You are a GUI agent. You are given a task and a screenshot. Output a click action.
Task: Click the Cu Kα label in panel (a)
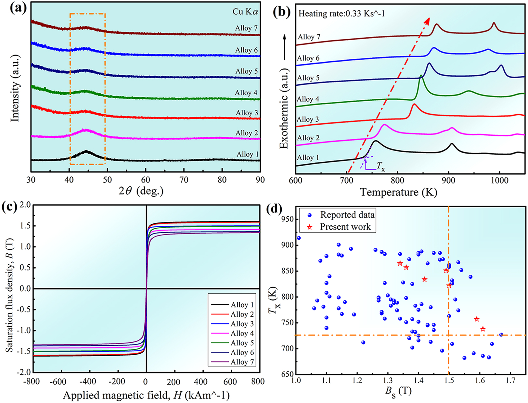(x=246, y=12)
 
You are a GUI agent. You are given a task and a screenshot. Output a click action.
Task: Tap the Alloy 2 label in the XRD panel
(x=247, y=133)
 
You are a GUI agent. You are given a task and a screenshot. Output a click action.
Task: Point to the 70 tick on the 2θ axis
(x=184, y=180)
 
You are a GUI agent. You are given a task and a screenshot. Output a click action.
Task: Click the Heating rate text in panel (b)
(x=341, y=14)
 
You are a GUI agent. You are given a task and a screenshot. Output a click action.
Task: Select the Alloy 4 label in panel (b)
(x=309, y=99)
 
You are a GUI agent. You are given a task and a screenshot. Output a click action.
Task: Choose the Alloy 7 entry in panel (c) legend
(x=242, y=362)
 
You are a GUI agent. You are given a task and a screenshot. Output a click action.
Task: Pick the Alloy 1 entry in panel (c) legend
(x=242, y=305)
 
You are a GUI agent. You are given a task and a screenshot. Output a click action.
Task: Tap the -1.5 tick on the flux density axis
(x=23, y=352)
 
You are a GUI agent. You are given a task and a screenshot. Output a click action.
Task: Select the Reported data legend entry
(x=347, y=215)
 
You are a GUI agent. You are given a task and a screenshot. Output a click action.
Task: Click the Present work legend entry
(x=345, y=227)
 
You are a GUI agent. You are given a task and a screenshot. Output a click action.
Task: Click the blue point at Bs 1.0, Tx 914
(x=299, y=238)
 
